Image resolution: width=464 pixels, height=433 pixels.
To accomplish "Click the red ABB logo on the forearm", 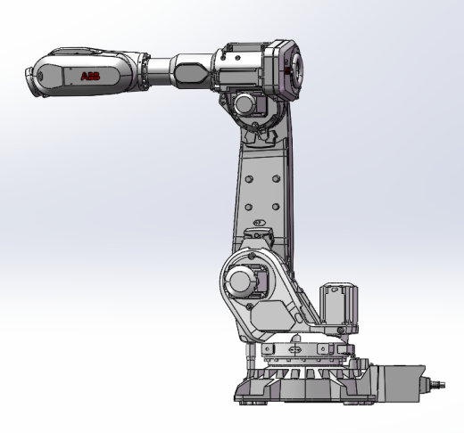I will pos(91,78).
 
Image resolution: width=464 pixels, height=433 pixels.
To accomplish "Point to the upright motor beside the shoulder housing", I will pos(336,306).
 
